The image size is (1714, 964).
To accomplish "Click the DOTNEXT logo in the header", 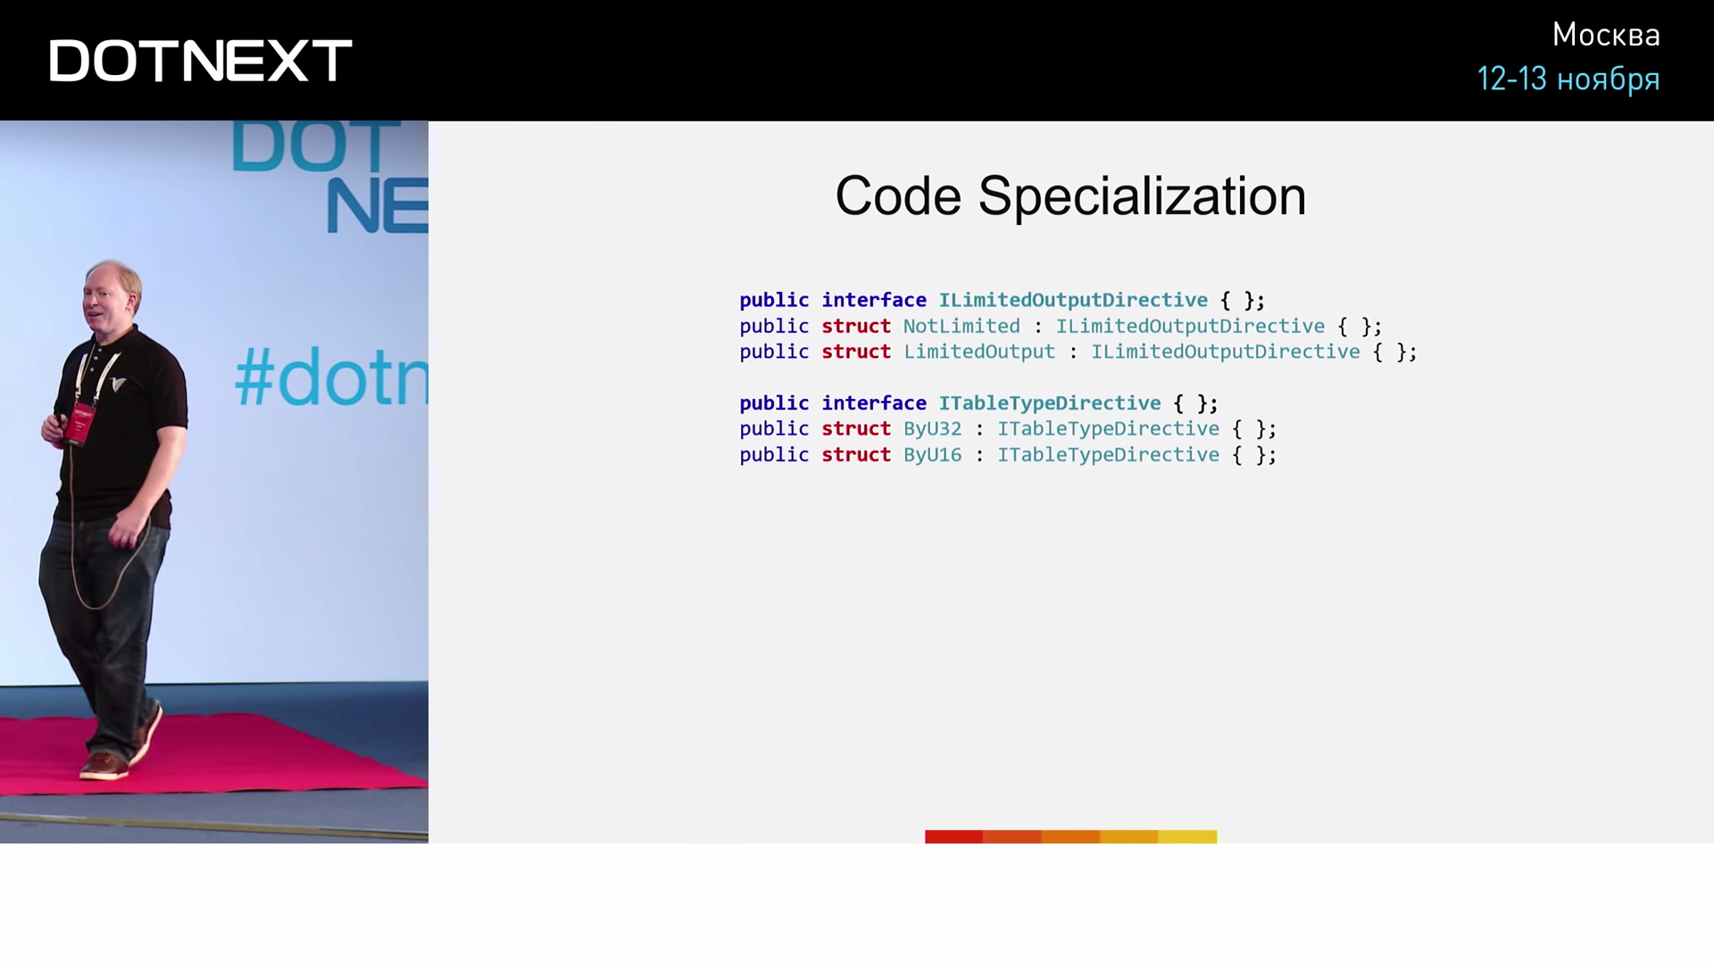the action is tap(201, 61).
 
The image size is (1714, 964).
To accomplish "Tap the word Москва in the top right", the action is tap(1606, 35).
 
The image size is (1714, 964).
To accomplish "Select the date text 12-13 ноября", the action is tap(1568, 79).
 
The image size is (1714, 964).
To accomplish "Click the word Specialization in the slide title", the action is tap(1142, 196).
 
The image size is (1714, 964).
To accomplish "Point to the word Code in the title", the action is tap(898, 196).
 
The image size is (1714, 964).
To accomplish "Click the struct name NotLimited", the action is tap(961, 327).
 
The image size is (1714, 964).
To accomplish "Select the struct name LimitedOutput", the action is tap(979, 353).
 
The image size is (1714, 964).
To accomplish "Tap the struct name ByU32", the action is tap(932, 429).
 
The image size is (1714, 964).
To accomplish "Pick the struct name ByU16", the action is tap(932, 455).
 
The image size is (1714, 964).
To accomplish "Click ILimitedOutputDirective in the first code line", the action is tap(1073, 301).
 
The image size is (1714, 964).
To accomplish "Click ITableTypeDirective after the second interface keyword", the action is tap(1050, 403).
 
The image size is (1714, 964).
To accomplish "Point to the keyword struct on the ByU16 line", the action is tap(856, 455).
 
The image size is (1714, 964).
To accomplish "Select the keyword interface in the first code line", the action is tap(874, 301).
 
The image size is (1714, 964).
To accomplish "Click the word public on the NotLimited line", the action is tap(774, 327).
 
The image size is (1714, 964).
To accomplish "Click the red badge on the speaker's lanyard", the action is tap(78, 423).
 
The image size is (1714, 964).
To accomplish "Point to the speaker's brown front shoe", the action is tap(104, 766).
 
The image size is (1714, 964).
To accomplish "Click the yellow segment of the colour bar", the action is tap(1187, 836).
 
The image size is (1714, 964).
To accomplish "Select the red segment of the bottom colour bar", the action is tap(953, 836).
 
